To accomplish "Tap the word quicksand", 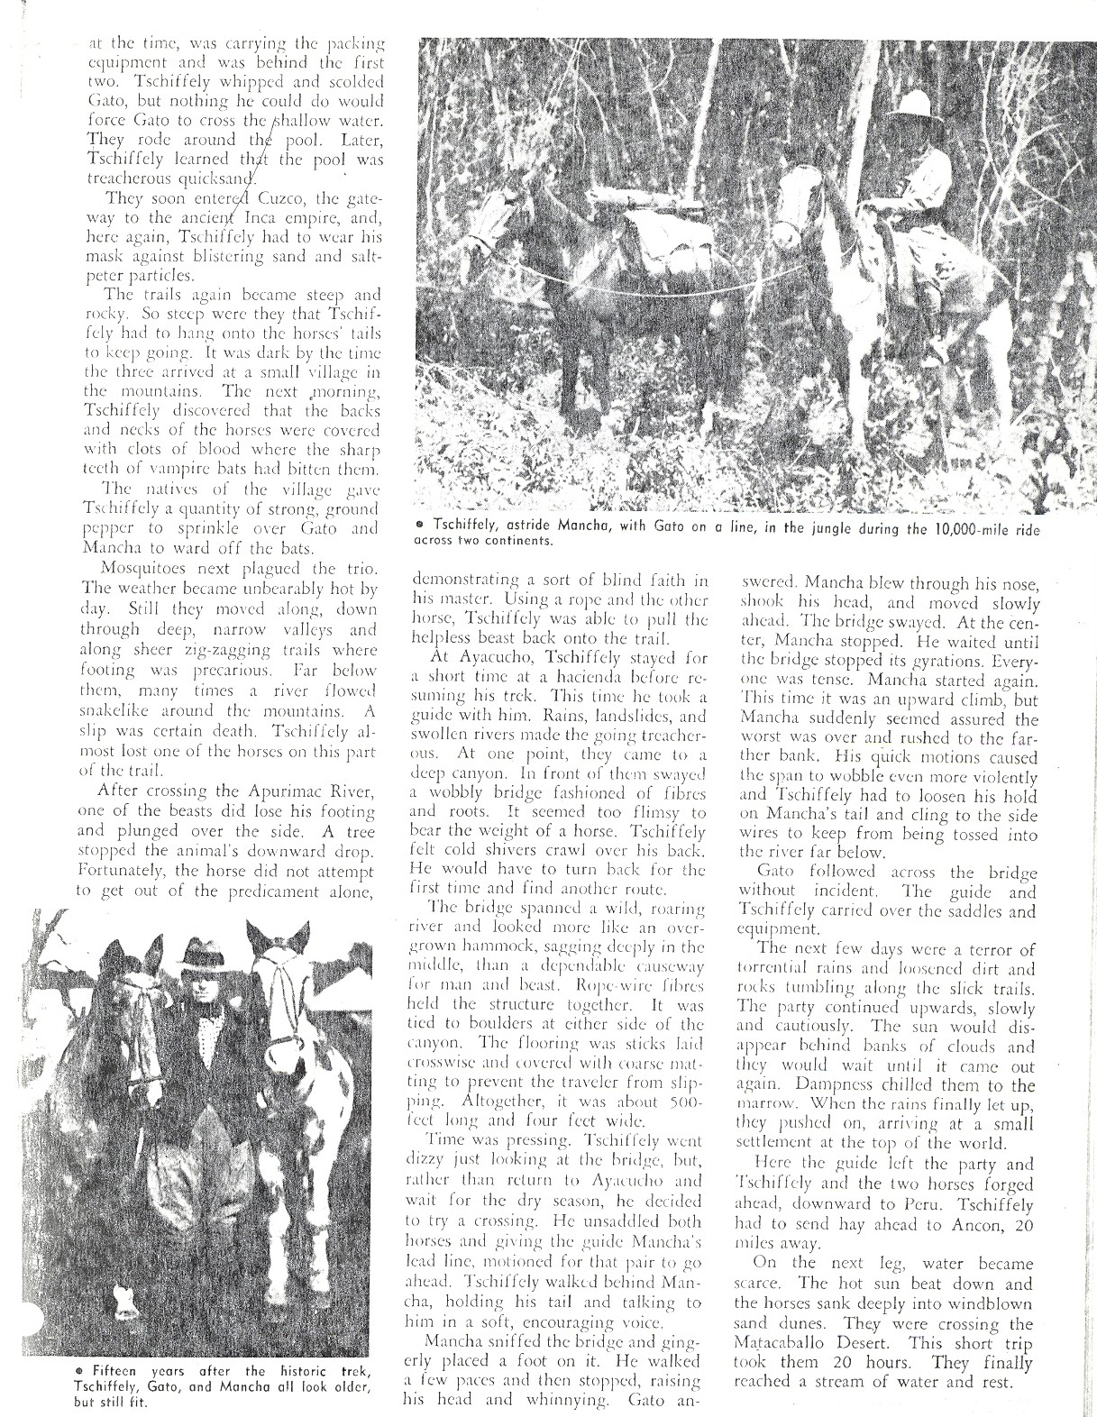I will [x=203, y=178].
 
